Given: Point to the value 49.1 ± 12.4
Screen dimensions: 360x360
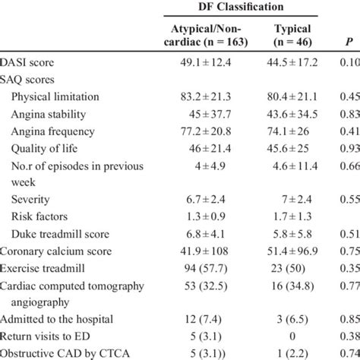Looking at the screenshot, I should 204,62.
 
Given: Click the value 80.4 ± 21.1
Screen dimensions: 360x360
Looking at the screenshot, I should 292,96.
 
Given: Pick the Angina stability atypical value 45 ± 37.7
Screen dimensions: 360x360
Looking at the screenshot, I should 204,114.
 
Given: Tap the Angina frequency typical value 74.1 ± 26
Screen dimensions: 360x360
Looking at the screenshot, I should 292,131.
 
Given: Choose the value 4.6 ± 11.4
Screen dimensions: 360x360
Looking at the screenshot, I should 292,166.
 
